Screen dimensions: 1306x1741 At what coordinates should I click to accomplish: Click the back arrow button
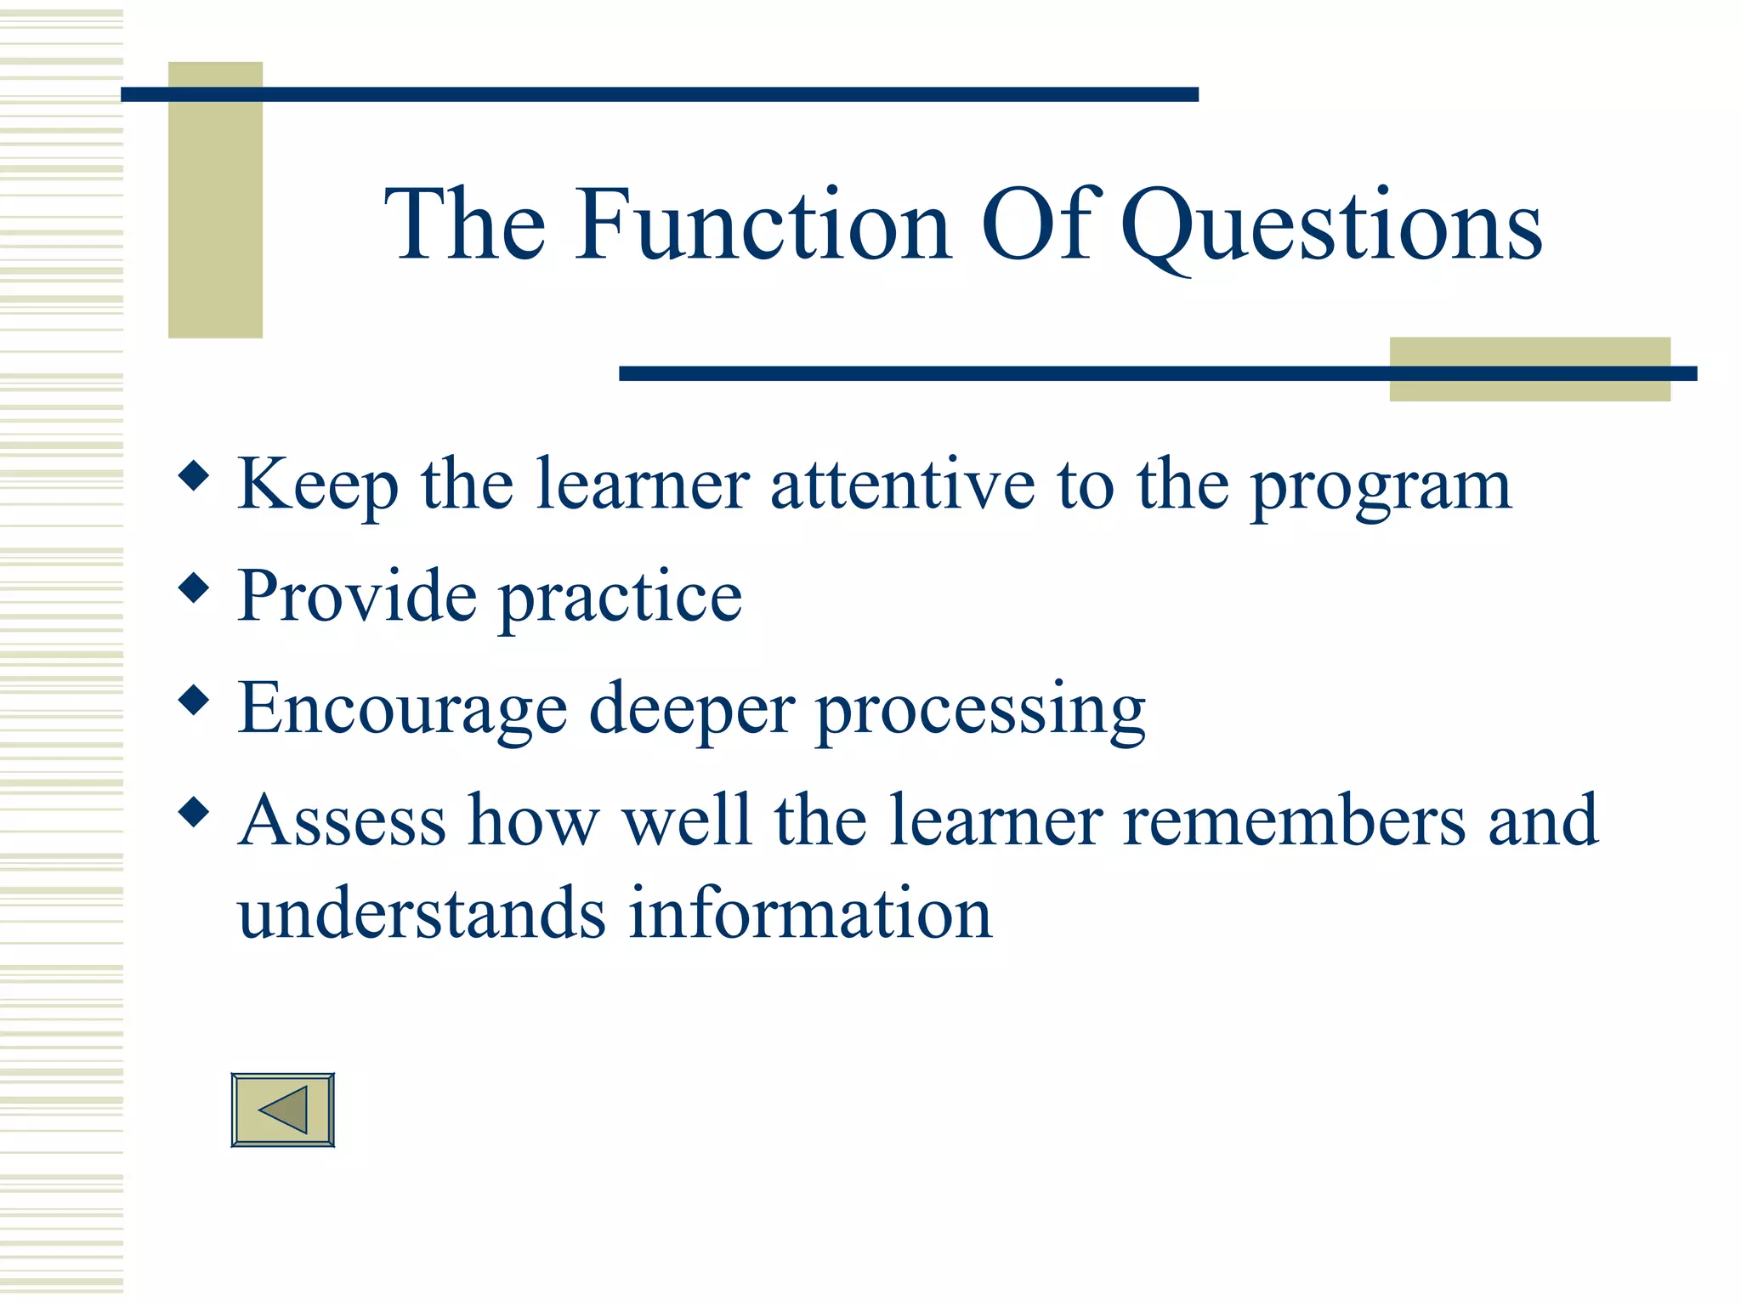click(282, 1110)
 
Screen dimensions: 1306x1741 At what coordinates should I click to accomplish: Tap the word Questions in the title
click(1330, 226)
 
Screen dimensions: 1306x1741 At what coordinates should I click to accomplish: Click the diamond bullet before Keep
click(195, 476)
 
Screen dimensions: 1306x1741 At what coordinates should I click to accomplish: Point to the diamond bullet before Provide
click(195, 588)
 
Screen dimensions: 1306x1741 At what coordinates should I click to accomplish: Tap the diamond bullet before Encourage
click(195, 701)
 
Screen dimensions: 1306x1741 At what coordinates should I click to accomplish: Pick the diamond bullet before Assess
click(195, 812)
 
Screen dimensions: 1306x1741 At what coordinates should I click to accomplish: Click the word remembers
click(1295, 821)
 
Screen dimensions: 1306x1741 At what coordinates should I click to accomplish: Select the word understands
click(422, 913)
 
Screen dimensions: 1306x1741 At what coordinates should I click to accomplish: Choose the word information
click(810, 913)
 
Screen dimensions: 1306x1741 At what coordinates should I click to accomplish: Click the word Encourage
click(402, 709)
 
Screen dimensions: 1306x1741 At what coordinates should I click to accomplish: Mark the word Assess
click(342, 821)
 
